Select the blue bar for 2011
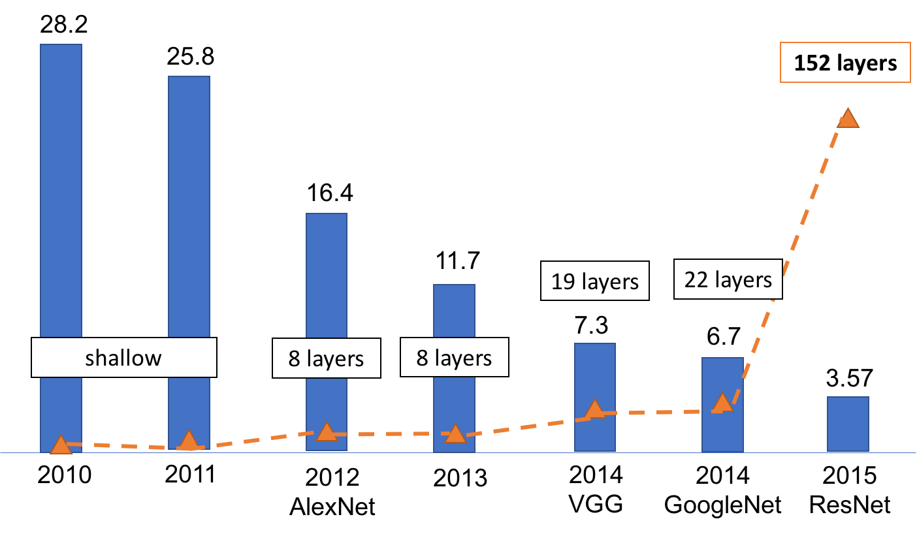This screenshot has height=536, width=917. pos(189,196)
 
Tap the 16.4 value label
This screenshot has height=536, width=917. pos(326,194)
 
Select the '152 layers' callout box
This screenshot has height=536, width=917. pos(845,64)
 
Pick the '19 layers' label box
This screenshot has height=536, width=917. pos(594,281)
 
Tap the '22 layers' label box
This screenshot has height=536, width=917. pos(728,279)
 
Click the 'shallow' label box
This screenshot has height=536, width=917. pos(123,357)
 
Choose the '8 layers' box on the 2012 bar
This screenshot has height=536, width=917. pos(326,358)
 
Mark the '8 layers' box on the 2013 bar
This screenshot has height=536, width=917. pos(454,358)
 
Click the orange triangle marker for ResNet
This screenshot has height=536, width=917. pos(847,118)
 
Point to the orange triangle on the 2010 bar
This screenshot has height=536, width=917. pos(61,445)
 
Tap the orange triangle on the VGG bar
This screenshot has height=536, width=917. pos(594,409)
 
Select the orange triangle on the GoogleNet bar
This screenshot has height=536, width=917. pos(722,403)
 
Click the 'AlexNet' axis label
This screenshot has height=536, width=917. pos(332,507)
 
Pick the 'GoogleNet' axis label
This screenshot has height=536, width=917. pos(722,505)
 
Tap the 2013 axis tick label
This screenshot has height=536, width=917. pos(460,479)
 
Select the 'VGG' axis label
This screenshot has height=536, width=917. pos(595,505)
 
